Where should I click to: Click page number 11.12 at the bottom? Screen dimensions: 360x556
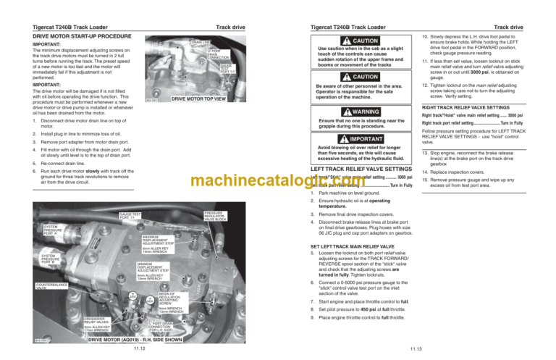pos(141,348)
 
